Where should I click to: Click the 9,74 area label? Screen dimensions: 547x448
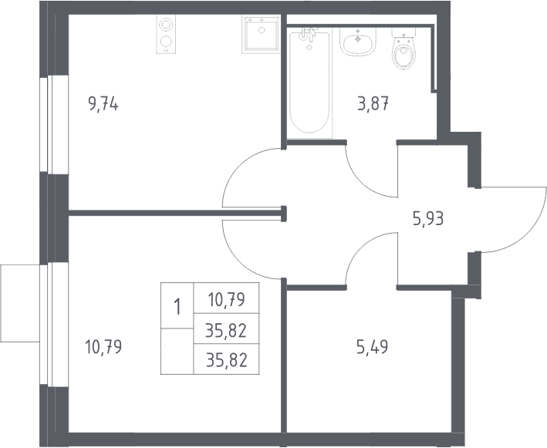click(103, 104)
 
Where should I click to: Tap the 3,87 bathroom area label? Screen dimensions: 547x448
click(373, 103)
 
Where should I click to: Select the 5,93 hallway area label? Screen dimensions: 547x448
click(428, 219)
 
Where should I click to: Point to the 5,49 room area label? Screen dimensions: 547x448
click(372, 347)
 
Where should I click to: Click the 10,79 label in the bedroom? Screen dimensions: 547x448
click(103, 347)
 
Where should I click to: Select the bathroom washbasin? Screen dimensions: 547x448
click(358, 42)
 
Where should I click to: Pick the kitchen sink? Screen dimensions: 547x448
click(261, 35)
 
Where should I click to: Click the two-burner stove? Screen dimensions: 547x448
click(166, 35)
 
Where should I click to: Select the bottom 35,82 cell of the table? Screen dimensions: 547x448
click(226, 360)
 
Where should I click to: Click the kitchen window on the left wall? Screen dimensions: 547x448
click(48, 125)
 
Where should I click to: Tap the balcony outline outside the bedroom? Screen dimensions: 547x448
click(20, 303)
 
